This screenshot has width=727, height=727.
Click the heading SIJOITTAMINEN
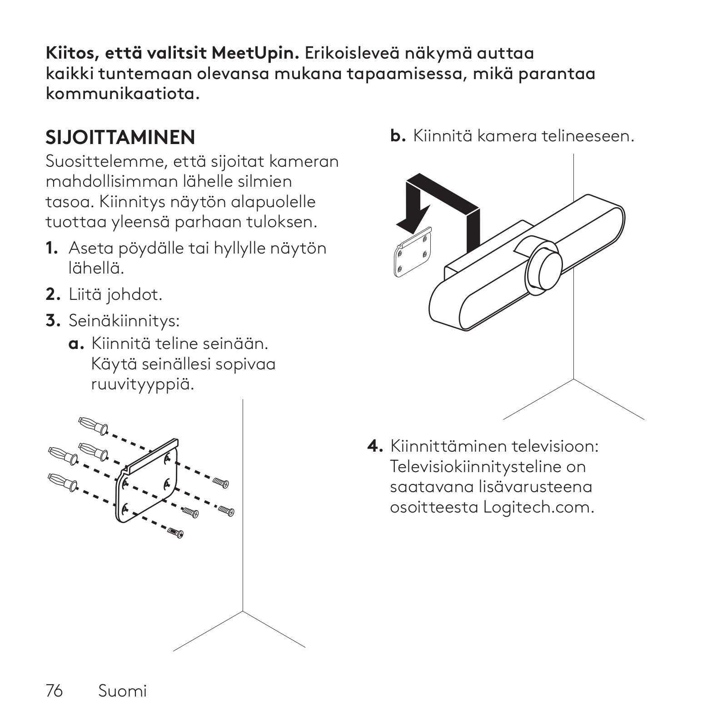click(x=120, y=137)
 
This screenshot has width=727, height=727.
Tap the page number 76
click(x=54, y=691)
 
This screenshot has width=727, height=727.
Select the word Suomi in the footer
click(x=123, y=691)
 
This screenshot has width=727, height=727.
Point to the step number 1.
click(x=51, y=249)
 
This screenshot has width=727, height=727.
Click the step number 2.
click(x=53, y=295)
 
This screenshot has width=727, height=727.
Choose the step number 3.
click(x=53, y=321)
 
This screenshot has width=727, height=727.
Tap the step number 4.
click(x=375, y=446)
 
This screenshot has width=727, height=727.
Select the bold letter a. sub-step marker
click(x=76, y=344)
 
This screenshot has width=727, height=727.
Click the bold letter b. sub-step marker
click(x=398, y=136)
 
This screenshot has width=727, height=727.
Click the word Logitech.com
click(x=538, y=507)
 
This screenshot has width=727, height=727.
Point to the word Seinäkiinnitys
click(x=124, y=321)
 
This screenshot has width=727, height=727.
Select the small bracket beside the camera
click(x=412, y=252)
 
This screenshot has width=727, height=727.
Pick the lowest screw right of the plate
click(x=175, y=533)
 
